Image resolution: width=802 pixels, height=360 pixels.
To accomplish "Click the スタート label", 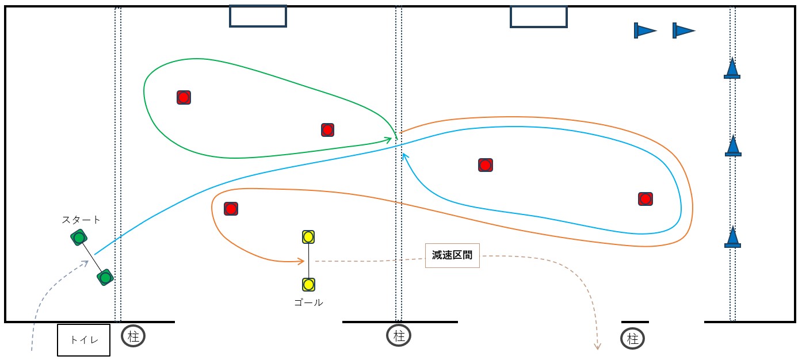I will pos(81,220).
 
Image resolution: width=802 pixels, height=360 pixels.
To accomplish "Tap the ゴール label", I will pos(308,302).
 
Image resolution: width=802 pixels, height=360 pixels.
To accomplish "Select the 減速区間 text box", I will pos(452,255).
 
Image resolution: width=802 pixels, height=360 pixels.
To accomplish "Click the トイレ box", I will pos(83,340).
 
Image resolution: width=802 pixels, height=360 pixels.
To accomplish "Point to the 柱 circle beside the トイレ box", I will pos(133,336).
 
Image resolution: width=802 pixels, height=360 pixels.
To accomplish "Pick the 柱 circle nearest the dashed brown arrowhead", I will pos(633,339).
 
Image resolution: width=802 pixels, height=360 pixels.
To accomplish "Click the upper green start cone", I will pos(79,237).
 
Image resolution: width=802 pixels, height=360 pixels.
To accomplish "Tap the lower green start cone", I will pos(105,278).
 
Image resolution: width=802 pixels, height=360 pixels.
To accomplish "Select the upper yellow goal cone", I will pos(308,236).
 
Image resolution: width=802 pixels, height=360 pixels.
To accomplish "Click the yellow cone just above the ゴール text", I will pos(308,284).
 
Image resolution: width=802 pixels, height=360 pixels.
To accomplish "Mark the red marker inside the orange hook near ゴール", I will pos(231,209).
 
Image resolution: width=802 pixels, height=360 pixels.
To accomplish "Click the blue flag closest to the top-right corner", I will pos(683,30).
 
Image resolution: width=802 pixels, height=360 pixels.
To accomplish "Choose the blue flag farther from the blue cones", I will pos(644,30).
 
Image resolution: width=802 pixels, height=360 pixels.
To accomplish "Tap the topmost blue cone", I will pos(732,68).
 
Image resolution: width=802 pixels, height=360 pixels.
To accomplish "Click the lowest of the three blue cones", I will pos(732,238).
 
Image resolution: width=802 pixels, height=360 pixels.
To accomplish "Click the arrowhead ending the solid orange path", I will pos(301,262).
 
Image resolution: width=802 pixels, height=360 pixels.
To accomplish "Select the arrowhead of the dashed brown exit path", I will pos(598,347).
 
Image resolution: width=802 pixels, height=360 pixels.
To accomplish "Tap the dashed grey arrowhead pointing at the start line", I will pos(86,262).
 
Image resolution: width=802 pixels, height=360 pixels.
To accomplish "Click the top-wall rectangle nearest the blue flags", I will pos(539,16).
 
